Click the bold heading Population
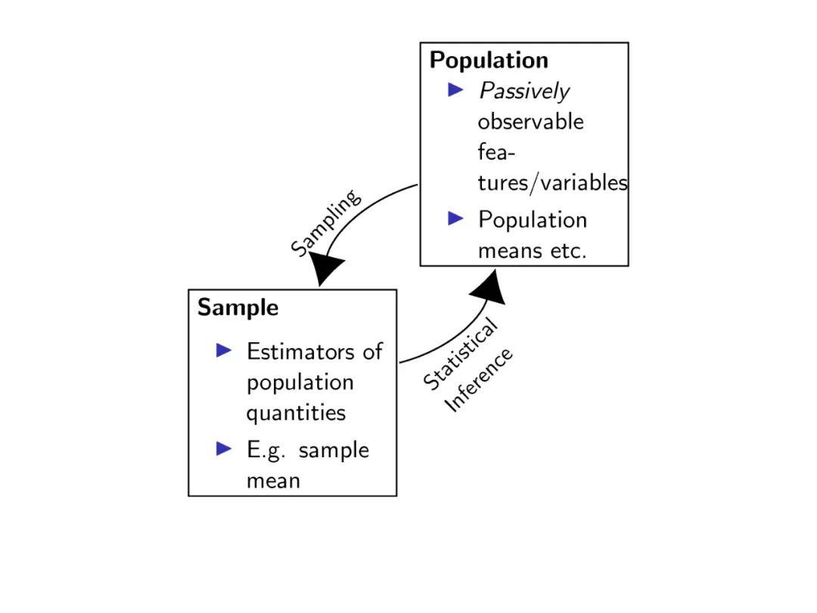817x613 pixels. click(x=489, y=61)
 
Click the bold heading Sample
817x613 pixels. click(x=238, y=308)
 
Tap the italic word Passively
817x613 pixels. click(x=523, y=92)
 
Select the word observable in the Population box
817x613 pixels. click(x=530, y=122)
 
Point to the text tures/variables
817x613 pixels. click(x=552, y=183)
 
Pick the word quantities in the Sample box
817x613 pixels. click(x=296, y=413)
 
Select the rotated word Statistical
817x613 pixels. click(x=460, y=354)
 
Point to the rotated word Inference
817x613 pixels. click(x=480, y=380)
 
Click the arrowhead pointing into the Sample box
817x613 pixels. click(x=326, y=269)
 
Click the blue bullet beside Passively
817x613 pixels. click(x=455, y=90)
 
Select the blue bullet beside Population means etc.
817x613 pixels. click(x=455, y=219)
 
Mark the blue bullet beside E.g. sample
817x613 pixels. click(x=224, y=448)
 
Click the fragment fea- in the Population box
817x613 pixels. click(x=495, y=152)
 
